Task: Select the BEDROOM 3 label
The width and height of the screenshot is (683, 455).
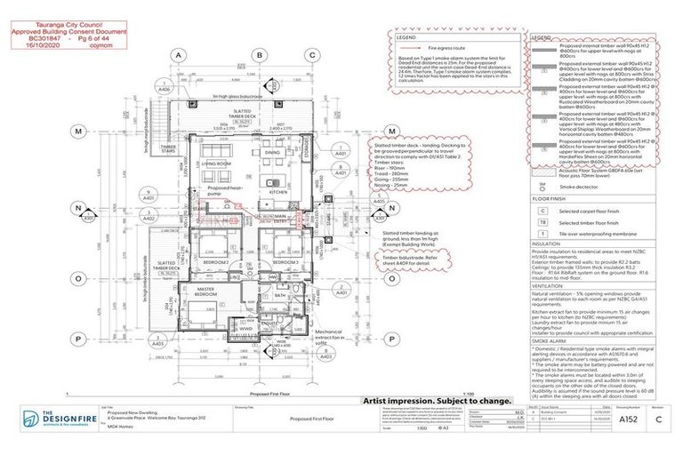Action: pos(285,263)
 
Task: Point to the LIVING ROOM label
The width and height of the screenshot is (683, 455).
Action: pos(216,164)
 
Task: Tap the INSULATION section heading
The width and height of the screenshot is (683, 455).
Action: pos(547,242)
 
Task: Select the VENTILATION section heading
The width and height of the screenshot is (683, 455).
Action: pos(549,286)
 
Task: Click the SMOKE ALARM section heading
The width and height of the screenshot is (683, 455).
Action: pos(550,341)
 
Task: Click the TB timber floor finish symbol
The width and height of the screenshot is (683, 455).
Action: pos(542,223)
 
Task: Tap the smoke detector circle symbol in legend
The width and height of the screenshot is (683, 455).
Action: pos(542,188)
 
